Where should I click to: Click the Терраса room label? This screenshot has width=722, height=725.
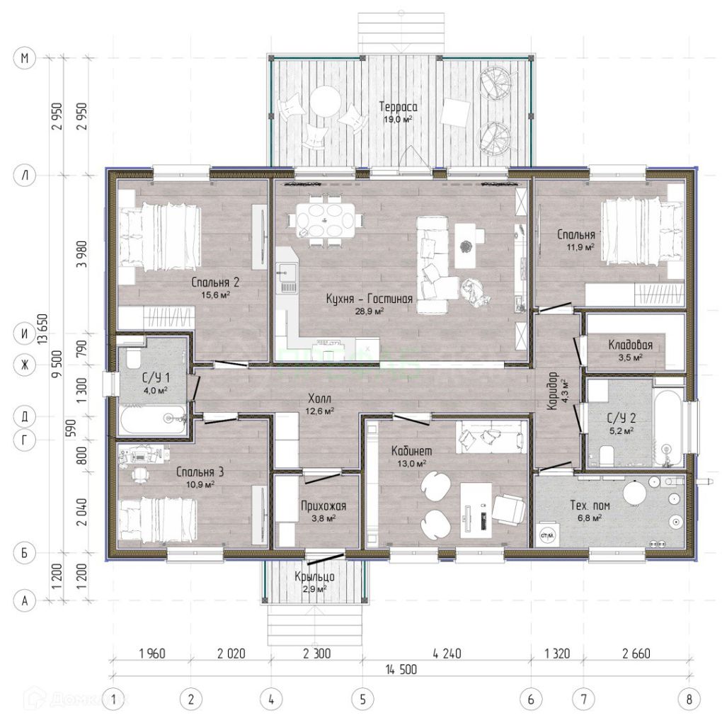tap(398, 107)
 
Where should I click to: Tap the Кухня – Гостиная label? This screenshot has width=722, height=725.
tap(369, 299)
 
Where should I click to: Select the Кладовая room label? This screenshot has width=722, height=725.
tap(630, 345)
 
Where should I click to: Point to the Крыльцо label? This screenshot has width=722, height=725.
tap(314, 576)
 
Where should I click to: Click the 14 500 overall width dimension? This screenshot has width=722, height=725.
tap(401, 669)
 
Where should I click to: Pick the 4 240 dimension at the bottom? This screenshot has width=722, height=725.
tap(447, 653)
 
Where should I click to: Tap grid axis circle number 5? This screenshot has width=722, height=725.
tap(362, 700)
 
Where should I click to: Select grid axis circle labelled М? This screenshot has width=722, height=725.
tap(25, 58)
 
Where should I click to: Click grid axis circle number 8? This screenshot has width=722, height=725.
tap(689, 700)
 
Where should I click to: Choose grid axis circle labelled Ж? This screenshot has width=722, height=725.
tap(25, 365)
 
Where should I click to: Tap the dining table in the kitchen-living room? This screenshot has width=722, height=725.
tap(326, 220)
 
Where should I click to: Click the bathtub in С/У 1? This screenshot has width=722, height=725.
tap(152, 419)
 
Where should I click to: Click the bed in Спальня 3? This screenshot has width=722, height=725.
tap(158, 519)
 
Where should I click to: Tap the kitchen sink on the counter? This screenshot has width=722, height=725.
tap(287, 278)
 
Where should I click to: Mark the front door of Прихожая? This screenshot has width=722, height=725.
tap(326, 557)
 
